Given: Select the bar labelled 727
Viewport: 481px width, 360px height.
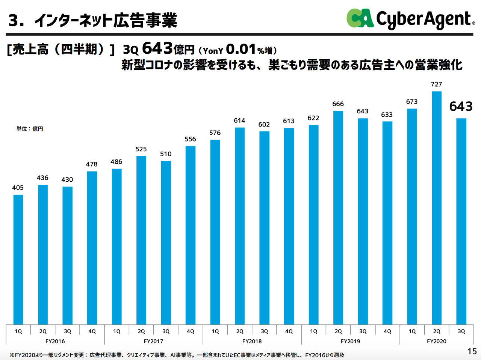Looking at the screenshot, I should (436, 208).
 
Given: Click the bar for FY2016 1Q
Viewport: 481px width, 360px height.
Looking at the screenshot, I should (18, 259).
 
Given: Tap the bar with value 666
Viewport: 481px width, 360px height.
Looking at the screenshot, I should (338, 217).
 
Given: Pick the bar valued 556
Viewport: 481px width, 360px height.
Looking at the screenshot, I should (191, 235).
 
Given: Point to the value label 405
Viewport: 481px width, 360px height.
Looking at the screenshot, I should (18, 188).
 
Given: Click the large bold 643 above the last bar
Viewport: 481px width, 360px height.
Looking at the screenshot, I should (461, 107).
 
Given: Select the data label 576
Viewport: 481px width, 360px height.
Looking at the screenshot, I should (215, 133).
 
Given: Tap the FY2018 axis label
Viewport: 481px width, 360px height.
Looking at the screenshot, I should (252, 341).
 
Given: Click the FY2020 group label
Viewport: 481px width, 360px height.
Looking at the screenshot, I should (436, 341).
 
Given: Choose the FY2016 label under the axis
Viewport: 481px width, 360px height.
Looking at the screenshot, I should (55, 341).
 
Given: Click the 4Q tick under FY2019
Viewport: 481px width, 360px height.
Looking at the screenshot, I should (387, 331).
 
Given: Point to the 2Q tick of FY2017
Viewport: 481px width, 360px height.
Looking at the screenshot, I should (141, 331).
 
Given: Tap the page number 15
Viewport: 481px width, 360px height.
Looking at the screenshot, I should (472, 351).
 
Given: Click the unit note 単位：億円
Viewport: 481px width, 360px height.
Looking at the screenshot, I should (30, 129).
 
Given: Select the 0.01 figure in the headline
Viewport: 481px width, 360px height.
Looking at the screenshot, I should (241, 49).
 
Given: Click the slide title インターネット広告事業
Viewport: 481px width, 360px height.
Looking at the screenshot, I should (105, 21).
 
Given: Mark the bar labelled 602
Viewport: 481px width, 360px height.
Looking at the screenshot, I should (264, 227).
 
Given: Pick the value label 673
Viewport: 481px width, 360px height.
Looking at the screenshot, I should (411, 102).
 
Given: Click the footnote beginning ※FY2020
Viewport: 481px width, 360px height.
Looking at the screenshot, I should (177, 355).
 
